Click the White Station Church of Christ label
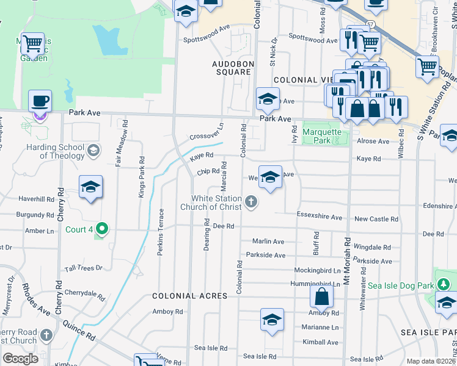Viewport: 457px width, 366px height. point(208,203)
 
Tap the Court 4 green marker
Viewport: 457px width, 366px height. point(102,229)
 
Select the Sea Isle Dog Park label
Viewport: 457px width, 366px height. point(400,285)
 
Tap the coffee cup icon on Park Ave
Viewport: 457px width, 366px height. point(40,101)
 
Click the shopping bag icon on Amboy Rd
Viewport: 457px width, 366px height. point(321,298)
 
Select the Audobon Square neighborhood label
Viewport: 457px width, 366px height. point(232,68)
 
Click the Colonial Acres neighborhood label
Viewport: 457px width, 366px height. point(189,296)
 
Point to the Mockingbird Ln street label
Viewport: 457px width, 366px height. point(317,270)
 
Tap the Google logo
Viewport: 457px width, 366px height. point(21,359)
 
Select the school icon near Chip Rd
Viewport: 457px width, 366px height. point(270,177)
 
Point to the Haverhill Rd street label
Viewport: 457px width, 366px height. point(36,199)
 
